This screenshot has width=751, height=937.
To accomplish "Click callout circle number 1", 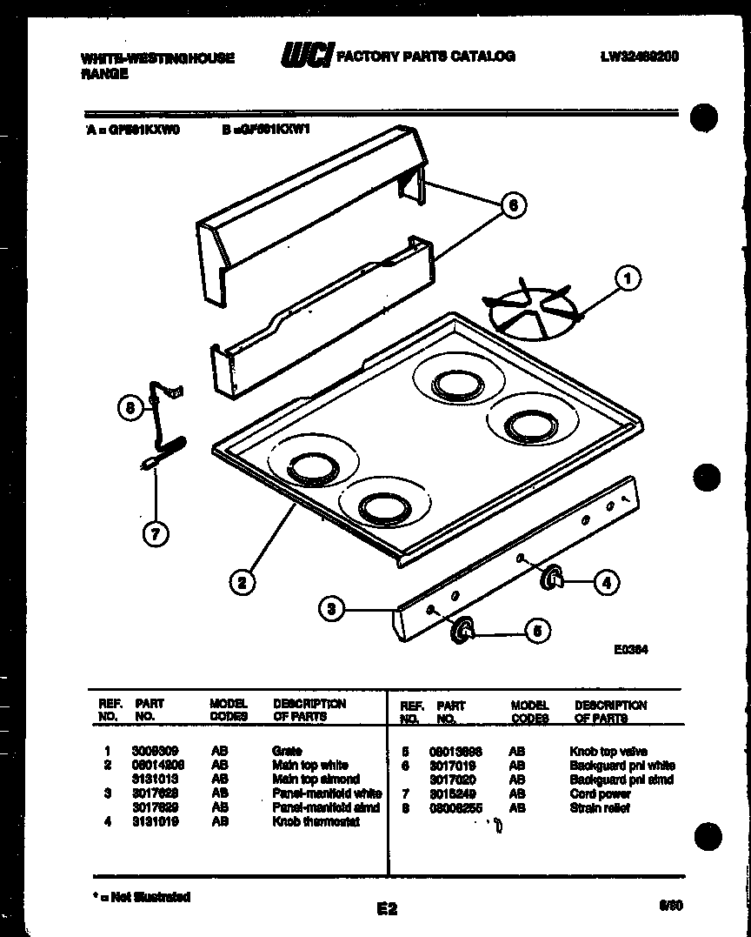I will (x=628, y=278).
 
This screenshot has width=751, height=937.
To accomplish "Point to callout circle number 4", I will (x=606, y=583).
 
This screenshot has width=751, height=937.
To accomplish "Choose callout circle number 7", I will (x=155, y=534).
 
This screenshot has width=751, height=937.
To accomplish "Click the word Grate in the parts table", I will (x=287, y=751).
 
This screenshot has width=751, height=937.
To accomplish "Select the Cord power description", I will (x=601, y=793).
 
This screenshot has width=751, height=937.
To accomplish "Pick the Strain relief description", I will (x=600, y=808).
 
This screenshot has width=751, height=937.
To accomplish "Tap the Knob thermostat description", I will (x=316, y=821).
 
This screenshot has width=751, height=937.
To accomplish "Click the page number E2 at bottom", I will (x=387, y=909).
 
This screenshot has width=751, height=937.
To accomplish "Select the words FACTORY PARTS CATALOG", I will (x=425, y=57).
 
